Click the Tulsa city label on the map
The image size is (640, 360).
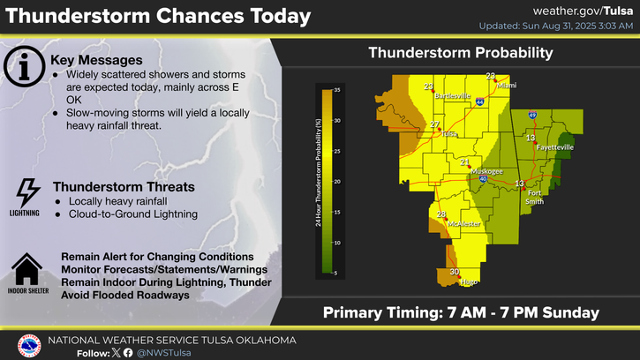click(449, 134)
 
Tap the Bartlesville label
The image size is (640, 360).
click(453, 95)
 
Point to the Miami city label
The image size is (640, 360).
click(507, 86)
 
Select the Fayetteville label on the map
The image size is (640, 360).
click(555, 147)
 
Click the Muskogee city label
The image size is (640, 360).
click(487, 171)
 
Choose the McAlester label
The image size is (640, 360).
click(464, 223)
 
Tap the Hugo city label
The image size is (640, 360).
click(469, 281)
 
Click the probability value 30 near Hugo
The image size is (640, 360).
click(455, 272)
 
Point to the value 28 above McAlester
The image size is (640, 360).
click(441, 214)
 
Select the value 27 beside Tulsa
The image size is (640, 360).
click(434, 124)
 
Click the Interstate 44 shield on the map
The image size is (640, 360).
click(480, 101)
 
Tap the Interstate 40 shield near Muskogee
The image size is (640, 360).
click(483, 178)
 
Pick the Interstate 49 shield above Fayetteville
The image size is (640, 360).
click(532, 115)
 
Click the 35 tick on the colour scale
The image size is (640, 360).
click(337, 90)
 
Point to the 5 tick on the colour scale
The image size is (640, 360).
click(336, 273)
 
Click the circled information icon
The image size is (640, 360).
click(24, 66)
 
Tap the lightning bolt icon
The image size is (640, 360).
click(27, 192)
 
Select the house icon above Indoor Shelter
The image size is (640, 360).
click(27, 269)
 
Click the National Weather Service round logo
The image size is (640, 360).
click(29, 346)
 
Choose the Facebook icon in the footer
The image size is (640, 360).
click(128, 353)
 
